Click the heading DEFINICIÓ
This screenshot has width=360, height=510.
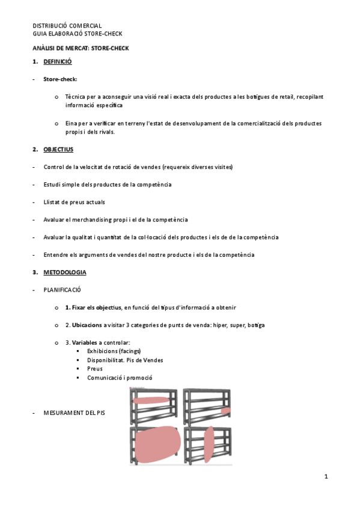point(58,62)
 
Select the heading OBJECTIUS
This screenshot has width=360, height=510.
point(58,149)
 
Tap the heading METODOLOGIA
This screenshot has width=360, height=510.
point(65,272)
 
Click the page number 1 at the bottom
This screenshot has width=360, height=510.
point(325,477)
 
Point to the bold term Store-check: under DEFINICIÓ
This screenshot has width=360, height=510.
point(60,79)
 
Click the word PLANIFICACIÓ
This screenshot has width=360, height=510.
point(62,290)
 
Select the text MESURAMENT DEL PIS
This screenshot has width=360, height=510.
point(74,414)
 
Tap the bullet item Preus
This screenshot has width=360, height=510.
point(94,369)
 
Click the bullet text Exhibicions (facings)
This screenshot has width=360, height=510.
point(114,351)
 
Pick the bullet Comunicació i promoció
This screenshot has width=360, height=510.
point(120,378)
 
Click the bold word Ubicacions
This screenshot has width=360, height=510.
point(87,325)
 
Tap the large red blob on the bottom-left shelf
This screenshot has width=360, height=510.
point(157,444)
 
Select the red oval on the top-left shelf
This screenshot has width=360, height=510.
point(151,400)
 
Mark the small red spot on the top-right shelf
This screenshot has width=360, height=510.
point(225,411)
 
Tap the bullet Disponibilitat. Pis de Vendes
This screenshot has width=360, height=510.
point(125,360)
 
